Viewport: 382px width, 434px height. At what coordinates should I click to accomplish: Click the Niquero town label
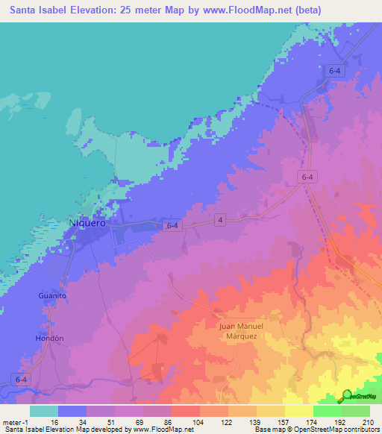tap(87, 222)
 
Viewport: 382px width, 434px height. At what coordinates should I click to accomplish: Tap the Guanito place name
tap(53, 296)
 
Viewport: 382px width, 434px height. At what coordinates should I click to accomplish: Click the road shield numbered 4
tap(221, 218)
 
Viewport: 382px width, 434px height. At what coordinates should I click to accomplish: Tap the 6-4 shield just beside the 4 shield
tap(173, 224)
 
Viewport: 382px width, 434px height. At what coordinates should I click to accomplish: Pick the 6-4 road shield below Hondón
tap(20, 379)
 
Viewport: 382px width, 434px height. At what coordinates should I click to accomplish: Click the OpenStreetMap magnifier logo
tap(347, 396)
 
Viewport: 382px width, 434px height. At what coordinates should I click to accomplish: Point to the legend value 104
tap(198, 421)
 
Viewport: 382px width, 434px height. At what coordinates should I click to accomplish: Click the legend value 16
tap(64, 421)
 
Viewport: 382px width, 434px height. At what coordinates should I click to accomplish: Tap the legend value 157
tap(282, 421)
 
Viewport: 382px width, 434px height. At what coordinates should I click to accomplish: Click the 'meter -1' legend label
tap(16, 421)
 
